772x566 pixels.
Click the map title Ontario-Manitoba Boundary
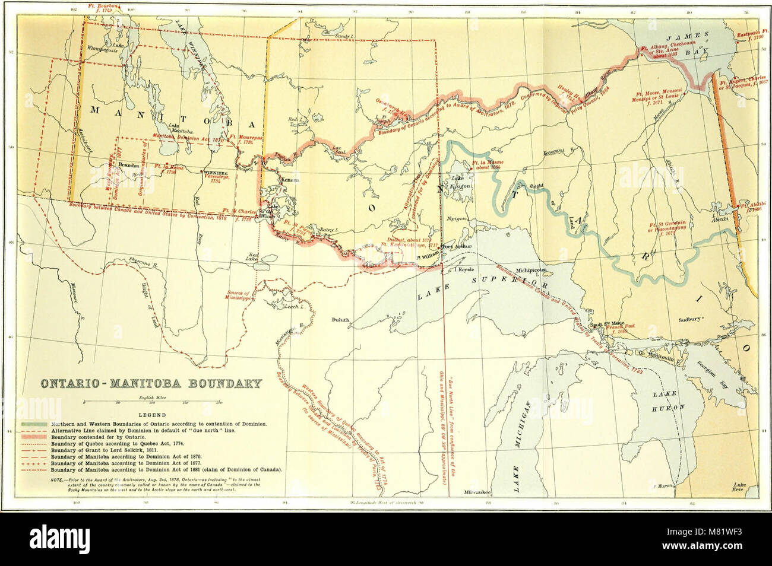[150, 383]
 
